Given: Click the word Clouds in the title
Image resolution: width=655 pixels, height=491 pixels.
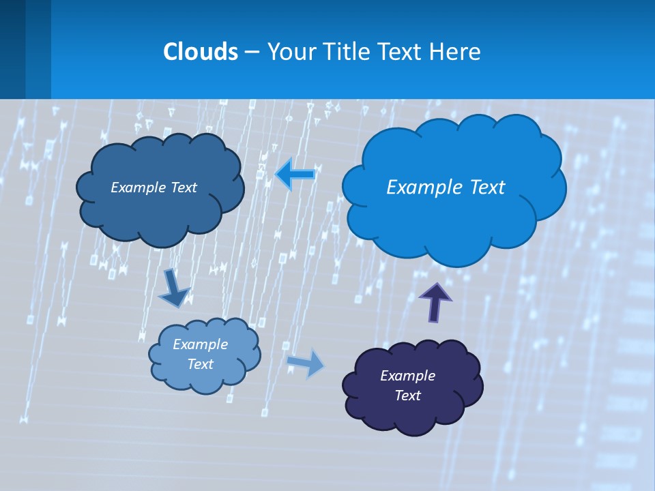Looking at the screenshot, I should pos(200,52).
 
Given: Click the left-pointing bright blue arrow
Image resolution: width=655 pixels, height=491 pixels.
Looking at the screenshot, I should pos(295,175).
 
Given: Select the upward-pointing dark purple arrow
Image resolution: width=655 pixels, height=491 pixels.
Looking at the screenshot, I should pos(435,301).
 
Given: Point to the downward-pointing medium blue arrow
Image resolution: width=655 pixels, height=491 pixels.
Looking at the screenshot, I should pos(174,288).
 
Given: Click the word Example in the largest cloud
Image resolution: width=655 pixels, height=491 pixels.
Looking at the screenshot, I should pos(417,188).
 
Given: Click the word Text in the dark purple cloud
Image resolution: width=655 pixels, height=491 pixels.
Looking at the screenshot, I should pos(407,396).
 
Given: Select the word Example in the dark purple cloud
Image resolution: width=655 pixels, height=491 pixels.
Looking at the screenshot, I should pos(407,376).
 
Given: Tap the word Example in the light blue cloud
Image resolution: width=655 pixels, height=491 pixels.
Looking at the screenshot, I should pos(200,344).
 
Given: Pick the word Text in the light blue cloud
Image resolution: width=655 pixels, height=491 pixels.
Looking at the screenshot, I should pos(200,364).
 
